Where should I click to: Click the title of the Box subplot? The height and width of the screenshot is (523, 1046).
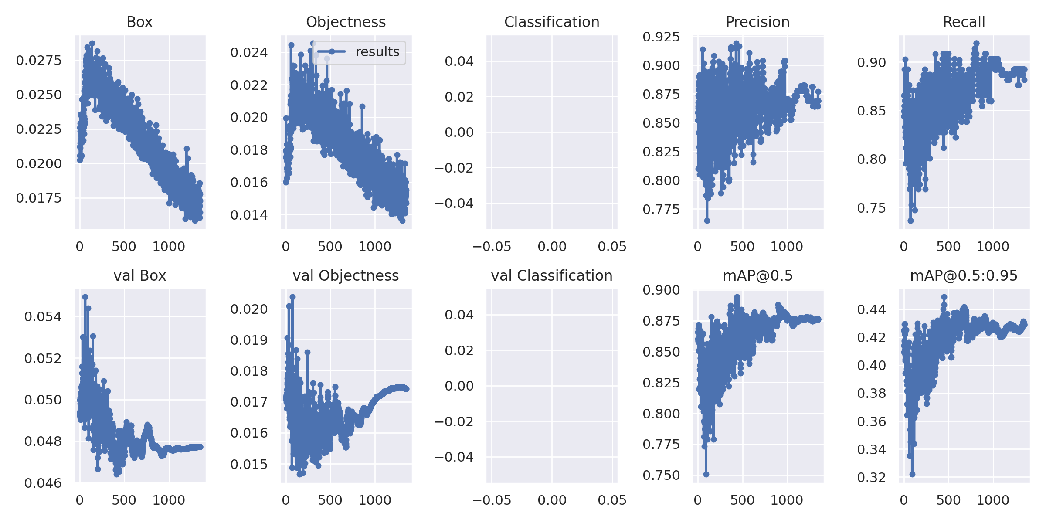[x=139, y=22]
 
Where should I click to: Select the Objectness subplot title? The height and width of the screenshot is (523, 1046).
[x=346, y=22]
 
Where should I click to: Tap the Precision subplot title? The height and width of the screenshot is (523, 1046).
[x=757, y=22]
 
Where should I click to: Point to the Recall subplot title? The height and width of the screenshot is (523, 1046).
[x=964, y=22]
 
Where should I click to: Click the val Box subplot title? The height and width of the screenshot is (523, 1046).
[x=139, y=276]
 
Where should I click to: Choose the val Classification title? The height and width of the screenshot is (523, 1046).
[x=552, y=276]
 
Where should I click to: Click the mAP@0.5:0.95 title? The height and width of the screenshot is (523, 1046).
[x=964, y=276]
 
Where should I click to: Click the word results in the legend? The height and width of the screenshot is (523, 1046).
[x=377, y=52]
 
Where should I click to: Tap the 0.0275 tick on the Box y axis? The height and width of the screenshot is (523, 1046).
[x=39, y=61]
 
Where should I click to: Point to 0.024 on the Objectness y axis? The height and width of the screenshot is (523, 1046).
[x=249, y=53]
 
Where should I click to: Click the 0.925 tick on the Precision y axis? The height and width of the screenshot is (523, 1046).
[x=661, y=37]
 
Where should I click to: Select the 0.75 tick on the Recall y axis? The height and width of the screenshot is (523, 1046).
[x=871, y=208]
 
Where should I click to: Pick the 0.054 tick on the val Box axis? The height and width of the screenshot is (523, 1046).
[x=43, y=317]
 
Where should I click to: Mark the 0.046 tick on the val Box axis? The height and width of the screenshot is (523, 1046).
[x=43, y=483]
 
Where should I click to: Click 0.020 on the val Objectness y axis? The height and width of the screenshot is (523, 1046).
[x=249, y=309]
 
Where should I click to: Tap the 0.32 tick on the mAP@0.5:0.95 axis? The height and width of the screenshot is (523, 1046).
[x=871, y=478]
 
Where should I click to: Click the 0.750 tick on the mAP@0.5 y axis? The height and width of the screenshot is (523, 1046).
[x=661, y=475]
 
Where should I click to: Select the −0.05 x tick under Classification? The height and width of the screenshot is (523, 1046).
[x=491, y=247]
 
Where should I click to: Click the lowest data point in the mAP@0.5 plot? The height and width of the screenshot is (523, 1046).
[x=706, y=474]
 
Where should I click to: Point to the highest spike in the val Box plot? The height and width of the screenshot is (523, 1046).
[x=85, y=297]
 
